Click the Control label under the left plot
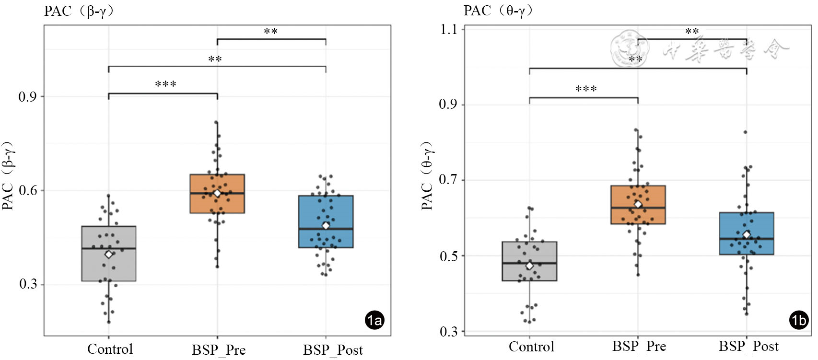click(110, 349)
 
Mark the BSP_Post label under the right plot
click(748, 347)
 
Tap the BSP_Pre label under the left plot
click(219, 350)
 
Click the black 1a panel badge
click(374, 320)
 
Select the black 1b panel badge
click(799, 320)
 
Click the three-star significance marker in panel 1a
click(165, 85)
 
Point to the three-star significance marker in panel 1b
click(585, 89)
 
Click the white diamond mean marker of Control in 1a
click(109, 254)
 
